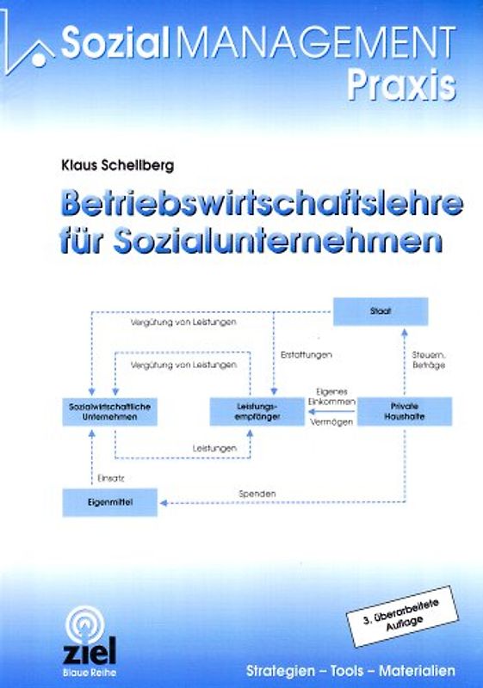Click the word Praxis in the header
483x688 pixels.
click(x=402, y=83)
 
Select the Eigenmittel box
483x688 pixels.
click(x=109, y=500)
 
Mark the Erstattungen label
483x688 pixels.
click(x=307, y=354)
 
